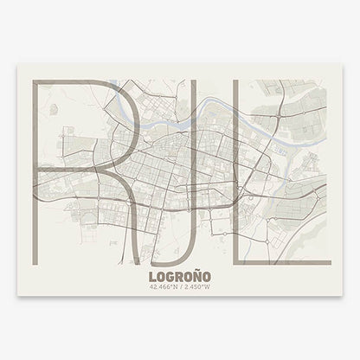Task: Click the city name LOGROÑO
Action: pyautogui.click(x=179, y=256)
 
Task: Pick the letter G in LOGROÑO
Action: pyautogui.click(x=171, y=256)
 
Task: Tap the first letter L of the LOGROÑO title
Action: pyautogui.click(x=153, y=256)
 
